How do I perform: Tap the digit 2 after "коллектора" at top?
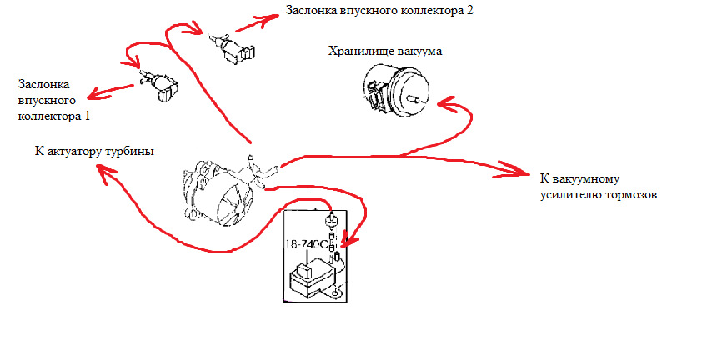[x=480, y=11]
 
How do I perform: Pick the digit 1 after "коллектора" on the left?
[x=89, y=116]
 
